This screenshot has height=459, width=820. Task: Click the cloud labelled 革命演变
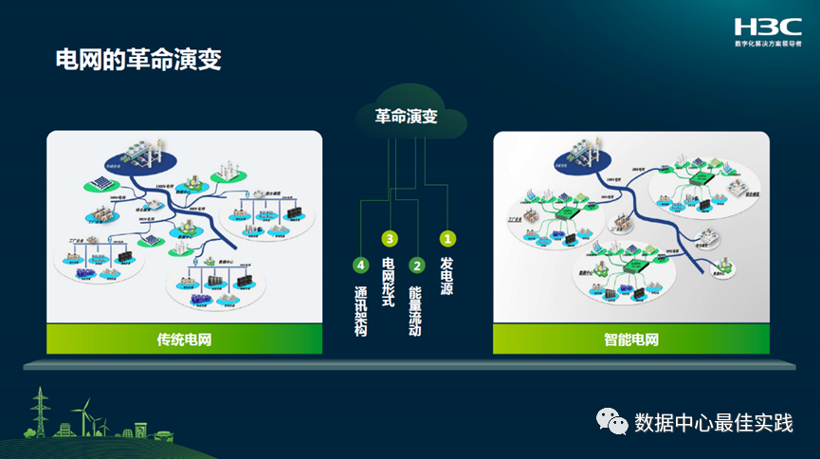tap(409, 118)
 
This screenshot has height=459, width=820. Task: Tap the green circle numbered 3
tap(388, 239)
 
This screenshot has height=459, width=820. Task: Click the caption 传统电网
tap(184, 339)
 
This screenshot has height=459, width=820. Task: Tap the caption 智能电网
tap(630, 339)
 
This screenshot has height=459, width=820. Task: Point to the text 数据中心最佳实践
tap(713, 422)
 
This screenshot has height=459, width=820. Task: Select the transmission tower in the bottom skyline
tap(40, 413)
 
